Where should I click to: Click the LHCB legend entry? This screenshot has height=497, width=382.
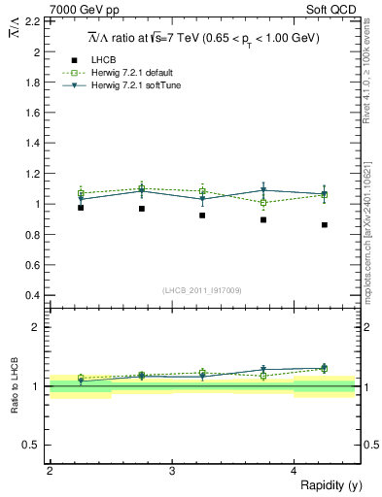pyautogui.click(x=103, y=60)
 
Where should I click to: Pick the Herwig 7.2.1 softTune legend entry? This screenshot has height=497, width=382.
pyautogui.click(x=134, y=85)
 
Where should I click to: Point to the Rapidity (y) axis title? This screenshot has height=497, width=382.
pyautogui.click(x=330, y=484)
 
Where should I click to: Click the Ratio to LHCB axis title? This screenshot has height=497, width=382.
pyautogui.click(x=17, y=386)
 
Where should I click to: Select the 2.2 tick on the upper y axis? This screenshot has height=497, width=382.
pyautogui.click(x=34, y=20)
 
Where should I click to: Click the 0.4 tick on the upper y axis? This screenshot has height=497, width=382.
pyautogui.click(x=34, y=295)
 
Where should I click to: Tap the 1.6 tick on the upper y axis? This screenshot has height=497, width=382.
pyautogui.click(x=34, y=113)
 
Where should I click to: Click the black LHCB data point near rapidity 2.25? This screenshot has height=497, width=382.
pyautogui.click(x=81, y=208)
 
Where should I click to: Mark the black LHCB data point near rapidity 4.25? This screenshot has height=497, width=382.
pyautogui.click(x=325, y=225)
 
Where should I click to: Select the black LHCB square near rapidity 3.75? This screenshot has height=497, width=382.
pyautogui.click(x=263, y=220)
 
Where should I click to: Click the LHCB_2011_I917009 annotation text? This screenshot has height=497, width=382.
pyautogui.click(x=202, y=290)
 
